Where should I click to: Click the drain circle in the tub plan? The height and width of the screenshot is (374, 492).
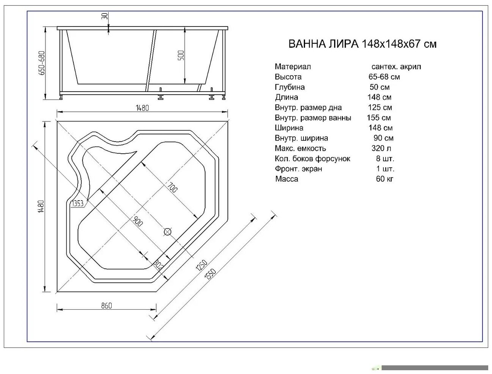pos(167,232)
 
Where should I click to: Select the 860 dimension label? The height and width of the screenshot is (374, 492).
pos(106,305)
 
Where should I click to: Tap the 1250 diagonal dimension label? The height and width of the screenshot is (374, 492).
pos(201,265)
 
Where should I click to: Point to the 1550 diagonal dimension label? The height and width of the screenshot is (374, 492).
pos(210,274)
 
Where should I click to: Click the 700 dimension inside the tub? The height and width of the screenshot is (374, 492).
pos(172,187)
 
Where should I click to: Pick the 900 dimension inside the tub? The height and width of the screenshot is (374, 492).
pos(137,221)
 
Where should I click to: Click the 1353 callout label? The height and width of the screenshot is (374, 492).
pos(78,204)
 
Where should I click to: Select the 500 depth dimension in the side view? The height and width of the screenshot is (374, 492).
pos(181,55)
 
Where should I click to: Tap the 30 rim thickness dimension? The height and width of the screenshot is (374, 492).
pos(105,16)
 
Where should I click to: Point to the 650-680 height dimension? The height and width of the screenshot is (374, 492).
pos(42,63)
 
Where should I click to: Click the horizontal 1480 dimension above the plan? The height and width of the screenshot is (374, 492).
pos(142,108)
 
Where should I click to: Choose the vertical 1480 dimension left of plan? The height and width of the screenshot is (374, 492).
pos(42,206)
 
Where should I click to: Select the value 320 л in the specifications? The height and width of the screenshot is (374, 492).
pos(381,148)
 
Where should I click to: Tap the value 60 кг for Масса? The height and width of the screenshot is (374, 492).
pos(385,179)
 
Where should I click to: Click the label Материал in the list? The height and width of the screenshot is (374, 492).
pos(293,67)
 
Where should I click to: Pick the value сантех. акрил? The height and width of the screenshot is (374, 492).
pos(396,67)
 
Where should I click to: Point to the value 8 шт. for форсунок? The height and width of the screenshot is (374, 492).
pos(385,159)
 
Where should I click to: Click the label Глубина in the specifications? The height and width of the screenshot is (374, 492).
pos(290,87)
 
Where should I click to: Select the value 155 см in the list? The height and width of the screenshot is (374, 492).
pos(379,118)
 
